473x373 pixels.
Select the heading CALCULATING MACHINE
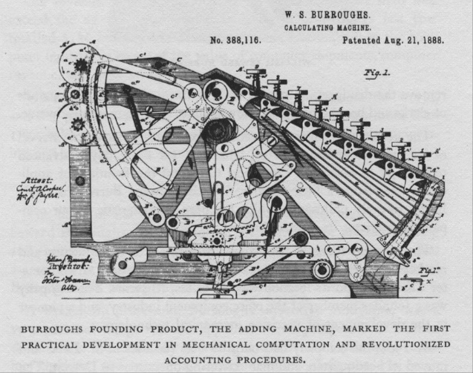(328, 27)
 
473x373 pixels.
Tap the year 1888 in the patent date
(431, 41)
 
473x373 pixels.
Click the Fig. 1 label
(378, 73)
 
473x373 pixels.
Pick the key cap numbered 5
(339, 111)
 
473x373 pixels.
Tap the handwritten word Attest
(35, 180)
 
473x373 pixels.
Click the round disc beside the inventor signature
(124, 263)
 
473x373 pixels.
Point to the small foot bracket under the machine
(213, 294)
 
